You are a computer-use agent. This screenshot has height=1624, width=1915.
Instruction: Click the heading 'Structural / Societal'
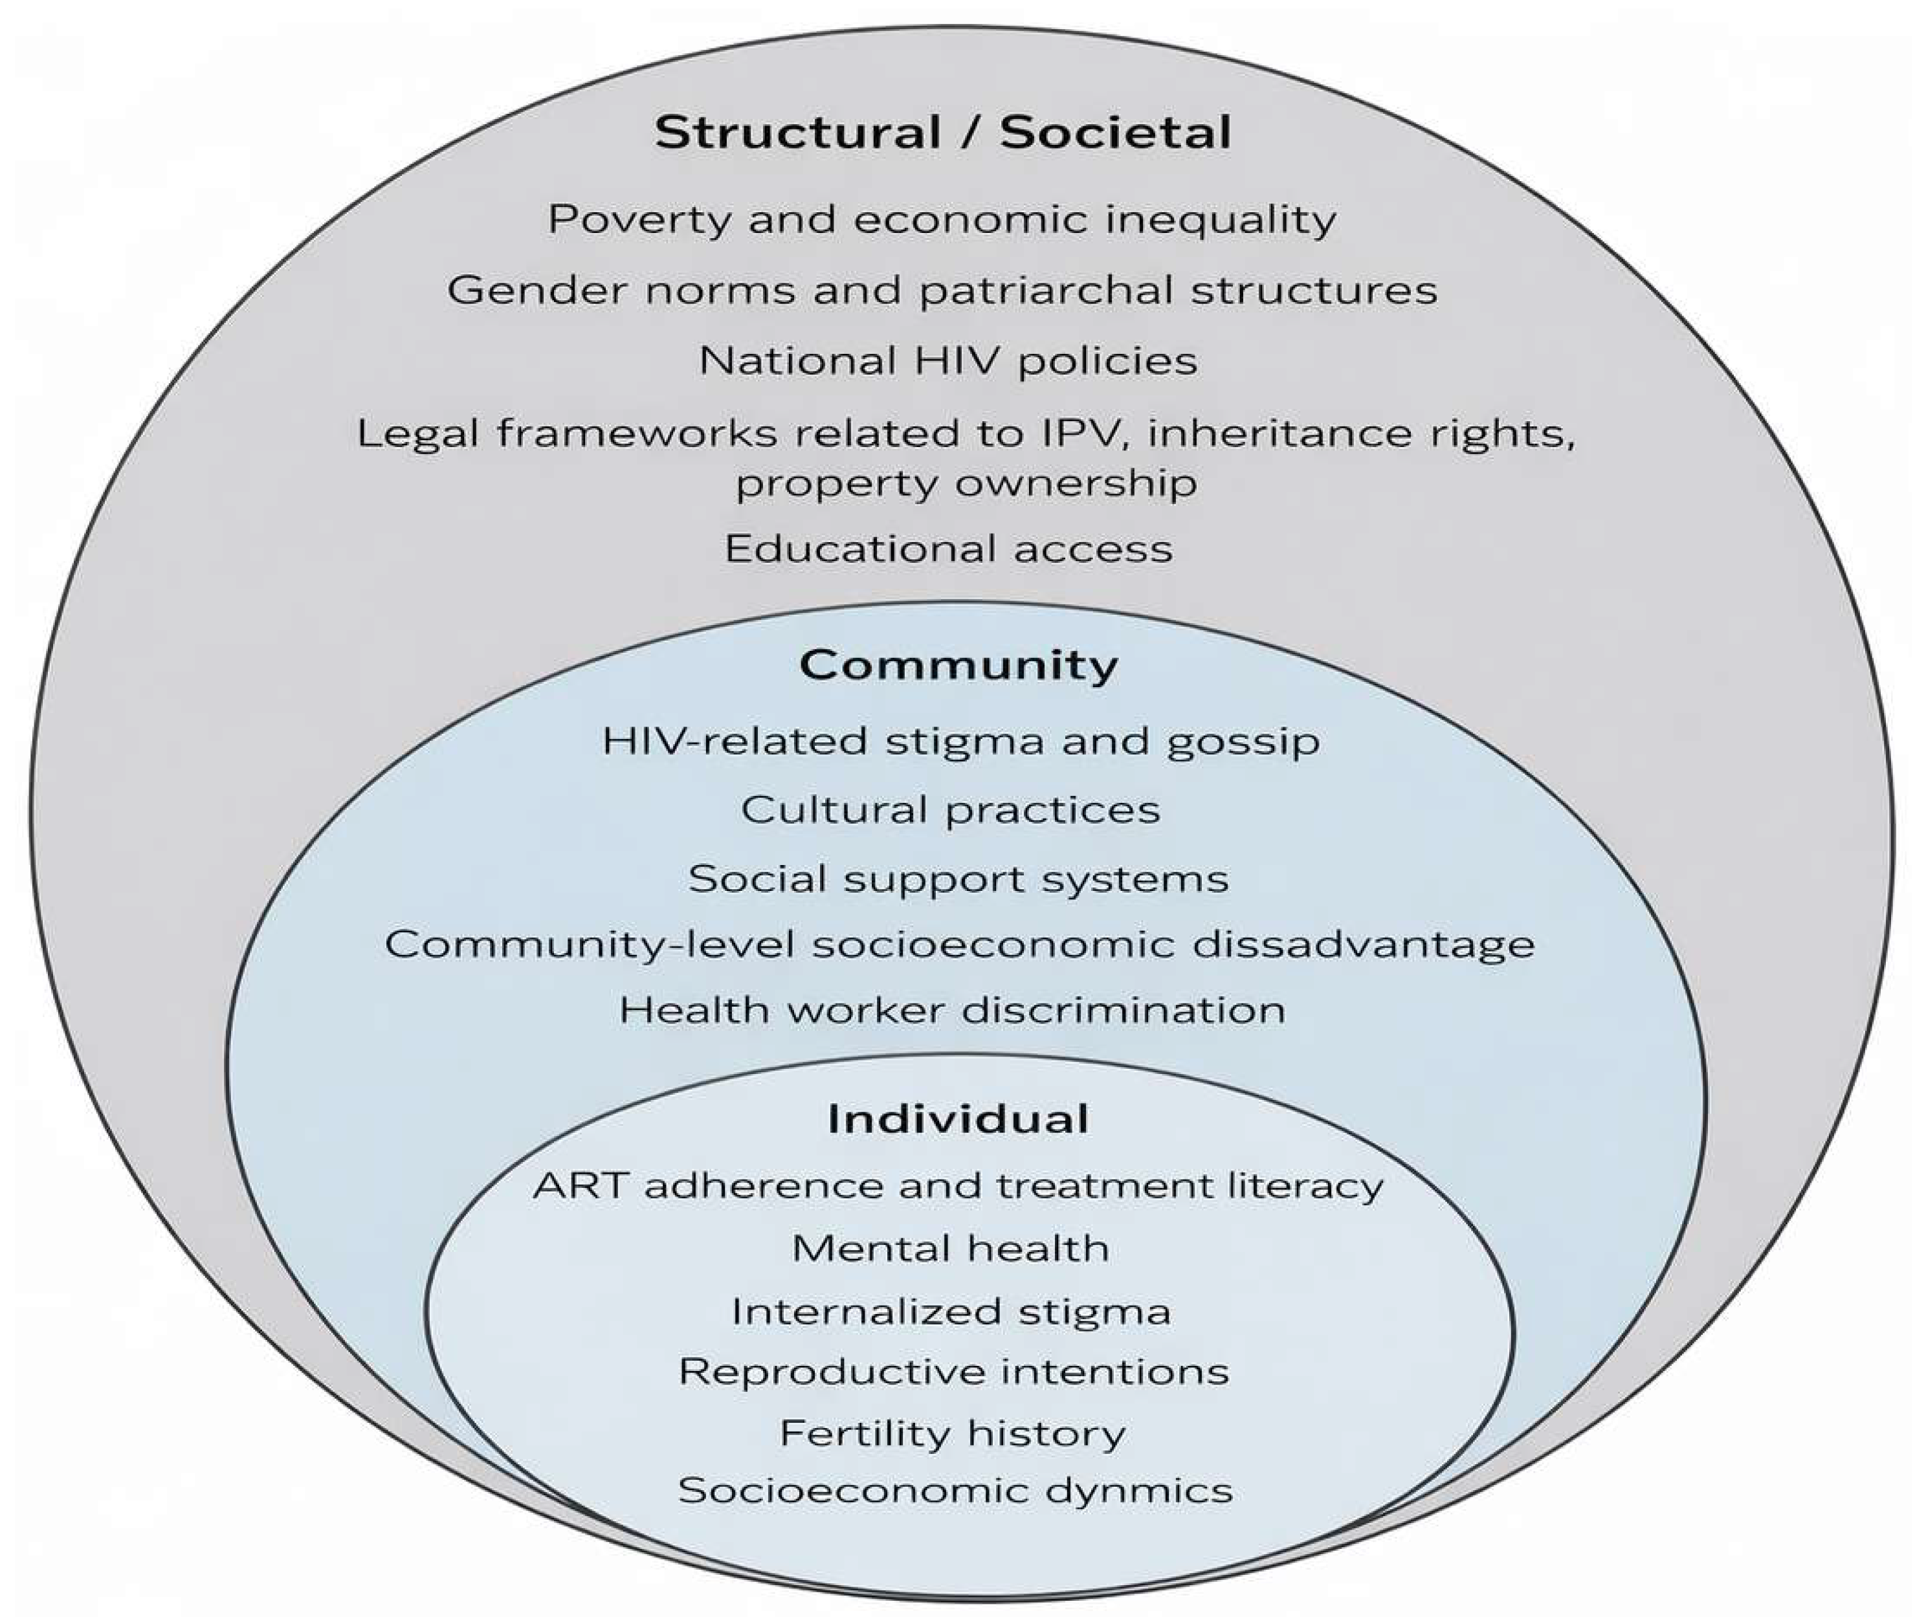coord(943,131)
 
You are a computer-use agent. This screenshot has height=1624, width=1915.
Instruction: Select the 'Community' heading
coord(958,664)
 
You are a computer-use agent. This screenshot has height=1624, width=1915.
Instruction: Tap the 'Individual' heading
coord(958,1119)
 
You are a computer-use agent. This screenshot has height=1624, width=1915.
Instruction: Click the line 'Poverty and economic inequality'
coord(941,220)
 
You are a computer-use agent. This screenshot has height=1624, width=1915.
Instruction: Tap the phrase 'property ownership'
coord(966,483)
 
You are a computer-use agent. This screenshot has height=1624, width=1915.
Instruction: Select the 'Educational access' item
coord(948,549)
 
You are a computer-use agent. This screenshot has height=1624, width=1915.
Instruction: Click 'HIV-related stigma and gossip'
coord(960,741)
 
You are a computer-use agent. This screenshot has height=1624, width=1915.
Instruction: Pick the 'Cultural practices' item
coord(950,810)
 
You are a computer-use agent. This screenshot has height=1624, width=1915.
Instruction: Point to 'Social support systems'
coord(958,878)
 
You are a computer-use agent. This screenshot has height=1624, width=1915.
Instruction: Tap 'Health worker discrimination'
coord(952,1010)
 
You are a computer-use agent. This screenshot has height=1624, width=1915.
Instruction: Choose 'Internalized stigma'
coord(950,1311)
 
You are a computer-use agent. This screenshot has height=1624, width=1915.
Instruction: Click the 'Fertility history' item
coord(952,1433)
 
